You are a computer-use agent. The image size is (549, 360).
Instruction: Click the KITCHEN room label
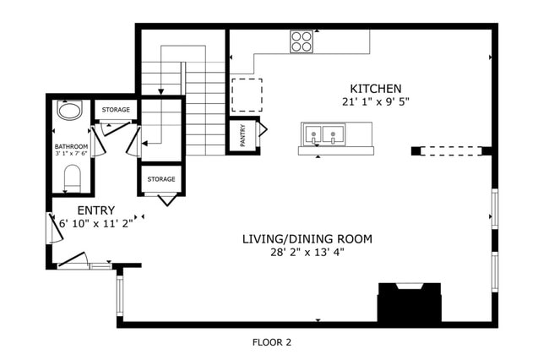376,88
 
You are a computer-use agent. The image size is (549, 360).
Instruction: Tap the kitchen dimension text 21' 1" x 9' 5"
376,101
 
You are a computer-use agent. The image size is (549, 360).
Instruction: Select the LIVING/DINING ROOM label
307,239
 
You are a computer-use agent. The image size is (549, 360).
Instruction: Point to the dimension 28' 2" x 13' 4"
307,252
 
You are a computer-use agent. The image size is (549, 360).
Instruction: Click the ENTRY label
95,210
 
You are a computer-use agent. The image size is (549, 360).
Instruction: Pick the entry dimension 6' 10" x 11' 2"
95,224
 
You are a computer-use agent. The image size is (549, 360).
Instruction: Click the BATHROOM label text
70,146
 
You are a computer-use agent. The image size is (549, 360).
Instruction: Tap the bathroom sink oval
68,111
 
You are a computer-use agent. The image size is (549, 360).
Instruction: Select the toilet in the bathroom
72,177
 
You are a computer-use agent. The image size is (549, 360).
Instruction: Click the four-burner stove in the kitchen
302,41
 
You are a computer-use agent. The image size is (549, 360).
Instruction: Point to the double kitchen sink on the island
324,134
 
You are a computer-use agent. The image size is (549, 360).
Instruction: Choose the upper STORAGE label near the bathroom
116,110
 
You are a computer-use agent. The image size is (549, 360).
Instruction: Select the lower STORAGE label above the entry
160,179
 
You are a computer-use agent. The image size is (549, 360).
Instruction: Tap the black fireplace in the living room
409,303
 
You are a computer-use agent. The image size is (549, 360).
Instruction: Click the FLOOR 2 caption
271,342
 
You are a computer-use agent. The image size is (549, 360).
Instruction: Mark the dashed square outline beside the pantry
247,95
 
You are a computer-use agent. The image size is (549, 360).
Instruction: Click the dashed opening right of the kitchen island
451,151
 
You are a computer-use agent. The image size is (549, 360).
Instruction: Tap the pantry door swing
263,130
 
